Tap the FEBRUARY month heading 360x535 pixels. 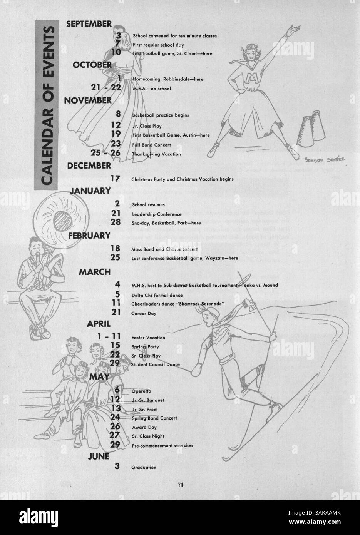click(x=89, y=236)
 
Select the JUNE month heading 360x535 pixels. click(x=99, y=456)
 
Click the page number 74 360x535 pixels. click(x=180, y=485)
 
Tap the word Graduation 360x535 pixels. click(x=144, y=467)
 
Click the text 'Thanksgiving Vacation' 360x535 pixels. click(x=151, y=154)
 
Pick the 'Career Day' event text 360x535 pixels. click(x=144, y=313)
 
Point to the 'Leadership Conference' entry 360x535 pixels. click(x=151, y=214)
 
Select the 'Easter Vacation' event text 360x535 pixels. click(x=148, y=338)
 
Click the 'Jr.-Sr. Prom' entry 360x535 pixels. click(x=144, y=409)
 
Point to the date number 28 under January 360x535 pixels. click(x=115, y=222)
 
